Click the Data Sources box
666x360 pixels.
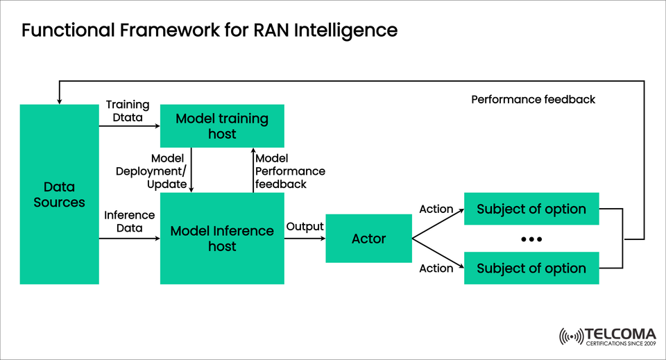click(x=59, y=194)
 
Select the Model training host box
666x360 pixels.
click(x=222, y=126)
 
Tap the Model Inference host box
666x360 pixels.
click(x=222, y=239)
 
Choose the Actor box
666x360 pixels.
click(x=368, y=239)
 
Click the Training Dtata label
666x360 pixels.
click(x=127, y=110)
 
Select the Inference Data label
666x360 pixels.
click(x=129, y=221)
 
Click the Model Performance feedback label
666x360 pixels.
click(x=290, y=171)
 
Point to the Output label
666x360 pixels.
click(x=305, y=227)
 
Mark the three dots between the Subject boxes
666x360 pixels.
click(x=531, y=239)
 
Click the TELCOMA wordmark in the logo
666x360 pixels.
click(x=619, y=333)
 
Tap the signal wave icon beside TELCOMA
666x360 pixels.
click(x=572, y=336)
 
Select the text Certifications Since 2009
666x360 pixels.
click(x=619, y=343)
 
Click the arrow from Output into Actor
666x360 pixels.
click(x=305, y=239)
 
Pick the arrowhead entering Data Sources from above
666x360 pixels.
click(x=59, y=101)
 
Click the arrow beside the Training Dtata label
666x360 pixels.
click(x=129, y=126)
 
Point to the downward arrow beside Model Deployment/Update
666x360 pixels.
click(x=191, y=170)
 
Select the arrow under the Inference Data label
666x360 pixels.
click(x=129, y=239)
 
